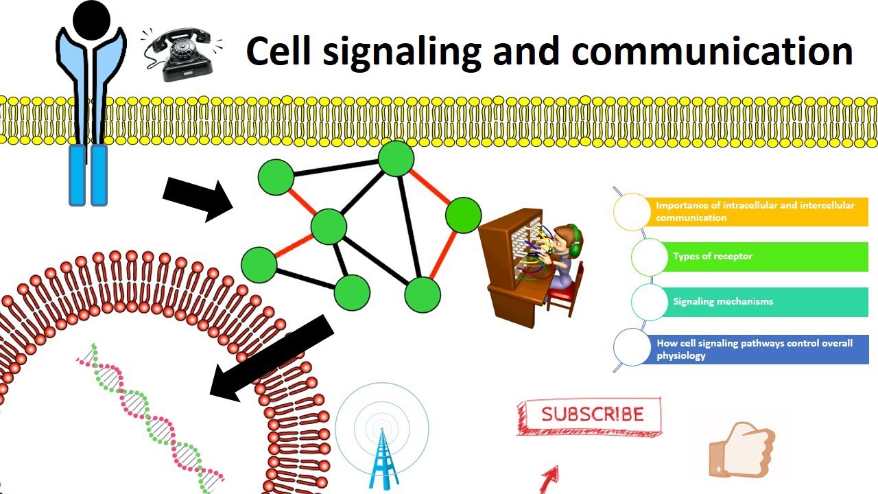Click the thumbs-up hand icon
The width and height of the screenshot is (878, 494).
[x=741, y=449]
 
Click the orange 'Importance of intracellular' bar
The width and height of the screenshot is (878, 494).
[x=755, y=212]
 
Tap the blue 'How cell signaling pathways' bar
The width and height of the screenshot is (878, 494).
[x=755, y=349]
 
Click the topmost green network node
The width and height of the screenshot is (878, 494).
[x=396, y=158]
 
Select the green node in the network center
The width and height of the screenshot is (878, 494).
[x=329, y=226]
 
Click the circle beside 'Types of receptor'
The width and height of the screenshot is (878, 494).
[x=649, y=257]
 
